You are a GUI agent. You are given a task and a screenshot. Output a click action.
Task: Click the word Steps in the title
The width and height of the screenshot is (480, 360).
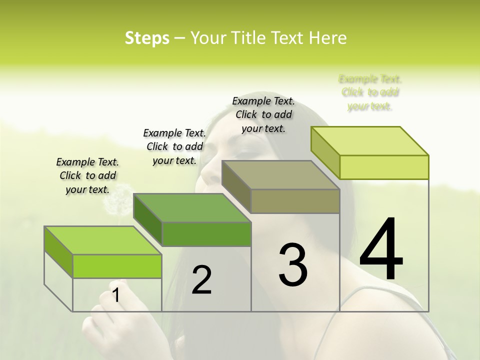tap(147, 38)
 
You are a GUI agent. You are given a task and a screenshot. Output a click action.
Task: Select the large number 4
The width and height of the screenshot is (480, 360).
tap(381, 249)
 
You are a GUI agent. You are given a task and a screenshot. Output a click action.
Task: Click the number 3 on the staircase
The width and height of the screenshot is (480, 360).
tap(293, 264)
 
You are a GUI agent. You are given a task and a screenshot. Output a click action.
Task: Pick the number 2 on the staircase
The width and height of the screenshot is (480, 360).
tap(201, 280)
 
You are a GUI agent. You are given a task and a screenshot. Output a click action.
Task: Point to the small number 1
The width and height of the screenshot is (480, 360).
tap(116, 295)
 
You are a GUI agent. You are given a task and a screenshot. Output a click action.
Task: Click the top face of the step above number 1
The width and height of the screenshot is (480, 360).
tap(102, 240)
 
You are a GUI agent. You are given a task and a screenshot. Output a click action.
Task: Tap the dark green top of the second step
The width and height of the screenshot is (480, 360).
tap(192, 208)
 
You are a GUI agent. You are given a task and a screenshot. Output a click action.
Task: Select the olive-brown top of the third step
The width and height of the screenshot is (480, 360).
tap(280, 175)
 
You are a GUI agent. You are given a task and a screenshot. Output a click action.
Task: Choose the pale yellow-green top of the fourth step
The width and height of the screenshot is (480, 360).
tap(369, 141)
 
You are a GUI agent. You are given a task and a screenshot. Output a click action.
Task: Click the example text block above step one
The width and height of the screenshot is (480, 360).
tap(87, 175)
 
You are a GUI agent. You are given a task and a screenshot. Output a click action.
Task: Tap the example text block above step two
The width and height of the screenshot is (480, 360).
tap(174, 146)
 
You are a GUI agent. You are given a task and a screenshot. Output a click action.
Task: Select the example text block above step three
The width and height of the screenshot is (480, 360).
tap(263, 114)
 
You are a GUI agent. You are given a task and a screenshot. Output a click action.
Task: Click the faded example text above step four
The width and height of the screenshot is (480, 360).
tap(370, 92)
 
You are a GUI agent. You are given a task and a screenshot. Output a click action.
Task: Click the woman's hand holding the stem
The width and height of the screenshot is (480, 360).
tap(107, 320)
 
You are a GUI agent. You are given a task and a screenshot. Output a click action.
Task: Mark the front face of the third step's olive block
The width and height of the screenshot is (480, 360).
tap(295, 201)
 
